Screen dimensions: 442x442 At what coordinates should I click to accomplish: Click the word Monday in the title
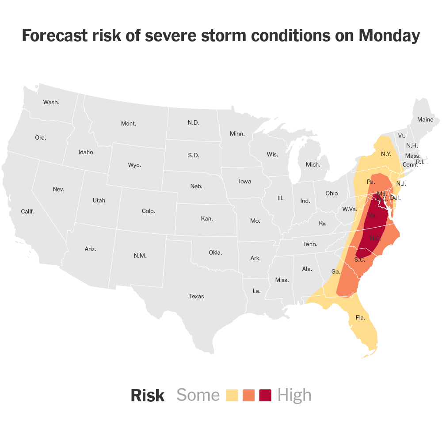click(389, 36)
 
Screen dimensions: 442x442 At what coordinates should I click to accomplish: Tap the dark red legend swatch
click(265, 395)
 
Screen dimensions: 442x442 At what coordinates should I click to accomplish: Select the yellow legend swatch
click(232, 395)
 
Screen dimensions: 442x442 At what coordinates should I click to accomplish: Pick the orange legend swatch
click(249, 395)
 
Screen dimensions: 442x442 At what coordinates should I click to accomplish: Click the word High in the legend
click(294, 395)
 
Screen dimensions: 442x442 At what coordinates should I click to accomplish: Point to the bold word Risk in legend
click(148, 396)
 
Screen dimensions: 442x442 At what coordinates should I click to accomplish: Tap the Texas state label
click(196, 296)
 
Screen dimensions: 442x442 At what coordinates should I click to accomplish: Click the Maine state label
click(425, 119)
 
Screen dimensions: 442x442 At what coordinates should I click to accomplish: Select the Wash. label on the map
click(51, 102)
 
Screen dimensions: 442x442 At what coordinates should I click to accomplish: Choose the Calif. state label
click(27, 211)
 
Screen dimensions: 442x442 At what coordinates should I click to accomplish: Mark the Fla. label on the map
click(360, 317)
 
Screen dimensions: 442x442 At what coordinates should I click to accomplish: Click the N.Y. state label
click(386, 154)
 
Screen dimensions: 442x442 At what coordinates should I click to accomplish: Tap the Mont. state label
click(129, 123)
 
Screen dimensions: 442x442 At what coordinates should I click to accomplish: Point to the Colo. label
click(149, 211)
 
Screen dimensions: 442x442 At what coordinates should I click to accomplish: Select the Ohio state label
click(331, 193)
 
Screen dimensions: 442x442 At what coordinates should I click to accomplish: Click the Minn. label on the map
click(237, 133)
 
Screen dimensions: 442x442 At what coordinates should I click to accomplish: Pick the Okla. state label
click(215, 252)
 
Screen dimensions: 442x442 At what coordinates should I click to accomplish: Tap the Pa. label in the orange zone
click(371, 182)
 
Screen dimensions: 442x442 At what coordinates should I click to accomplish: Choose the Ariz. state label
click(90, 249)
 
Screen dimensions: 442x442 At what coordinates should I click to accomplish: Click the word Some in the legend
click(198, 395)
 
